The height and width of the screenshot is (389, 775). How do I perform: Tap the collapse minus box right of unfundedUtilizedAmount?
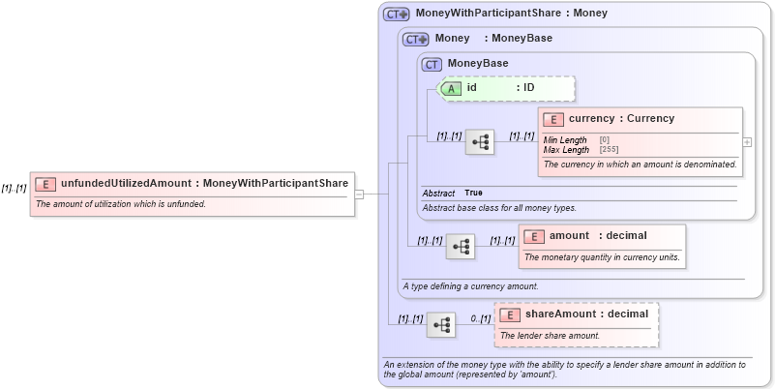[x=359, y=194]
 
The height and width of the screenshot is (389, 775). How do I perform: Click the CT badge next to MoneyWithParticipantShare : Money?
[x=397, y=15]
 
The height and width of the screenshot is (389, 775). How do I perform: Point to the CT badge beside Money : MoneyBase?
[x=416, y=40]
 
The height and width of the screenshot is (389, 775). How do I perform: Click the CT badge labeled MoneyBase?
[x=432, y=64]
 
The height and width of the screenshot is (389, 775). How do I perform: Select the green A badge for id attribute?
[x=452, y=88]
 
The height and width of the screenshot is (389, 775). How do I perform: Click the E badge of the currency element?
[x=553, y=119]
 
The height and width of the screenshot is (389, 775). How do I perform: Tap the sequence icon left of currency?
[x=480, y=142]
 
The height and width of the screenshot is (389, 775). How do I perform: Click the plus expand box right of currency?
[x=746, y=141]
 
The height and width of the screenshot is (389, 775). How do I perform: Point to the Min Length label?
[x=564, y=140]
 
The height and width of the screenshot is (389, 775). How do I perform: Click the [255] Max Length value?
[x=609, y=150]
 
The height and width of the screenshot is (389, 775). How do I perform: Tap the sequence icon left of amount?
[x=461, y=247]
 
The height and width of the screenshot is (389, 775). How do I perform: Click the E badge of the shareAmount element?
[x=510, y=314]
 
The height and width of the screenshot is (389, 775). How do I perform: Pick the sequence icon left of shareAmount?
[x=441, y=325]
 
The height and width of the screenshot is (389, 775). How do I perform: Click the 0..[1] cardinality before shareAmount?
[x=481, y=318]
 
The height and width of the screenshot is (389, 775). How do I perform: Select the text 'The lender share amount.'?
[x=550, y=336]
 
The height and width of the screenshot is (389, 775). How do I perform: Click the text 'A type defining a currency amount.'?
[x=470, y=286]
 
